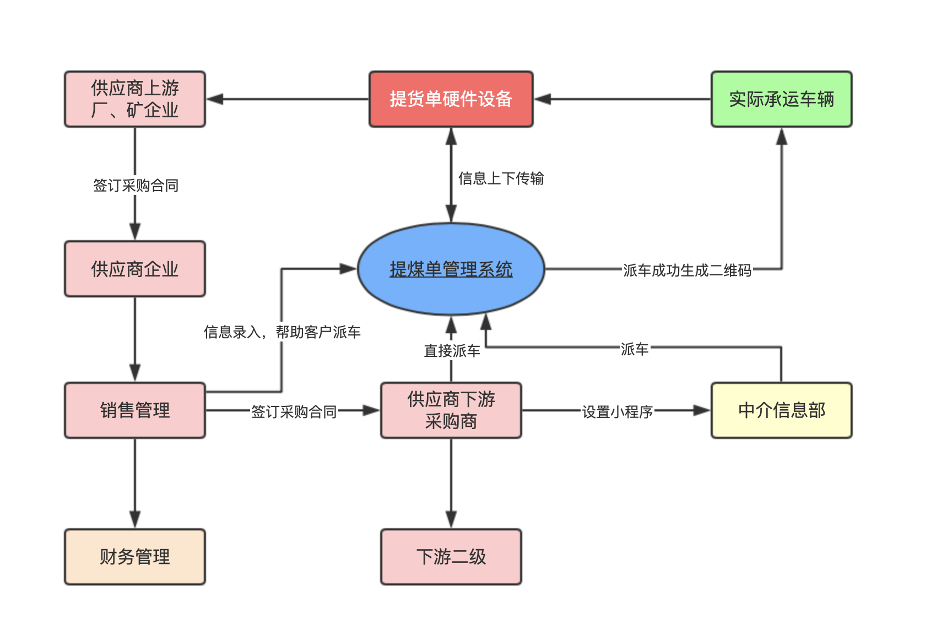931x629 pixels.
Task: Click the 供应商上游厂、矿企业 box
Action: tap(135, 99)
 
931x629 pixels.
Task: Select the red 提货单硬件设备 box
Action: tap(451, 99)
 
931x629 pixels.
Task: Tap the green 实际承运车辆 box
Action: tap(781, 99)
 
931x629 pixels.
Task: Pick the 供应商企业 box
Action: tap(135, 269)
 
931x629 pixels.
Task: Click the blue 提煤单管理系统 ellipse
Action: tap(451, 269)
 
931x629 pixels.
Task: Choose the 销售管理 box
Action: tap(135, 410)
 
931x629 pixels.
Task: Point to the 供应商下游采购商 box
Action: tap(451, 410)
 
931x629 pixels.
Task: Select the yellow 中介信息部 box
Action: tap(781, 410)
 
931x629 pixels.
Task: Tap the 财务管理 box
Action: tap(135, 557)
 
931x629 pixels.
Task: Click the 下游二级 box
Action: tap(451, 557)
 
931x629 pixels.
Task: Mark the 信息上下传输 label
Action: tap(501, 178)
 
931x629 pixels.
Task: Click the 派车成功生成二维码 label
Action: tap(687, 270)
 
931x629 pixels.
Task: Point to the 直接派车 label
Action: tap(452, 351)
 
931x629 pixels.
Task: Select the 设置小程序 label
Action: tap(617, 412)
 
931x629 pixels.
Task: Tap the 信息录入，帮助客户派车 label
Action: tap(282, 332)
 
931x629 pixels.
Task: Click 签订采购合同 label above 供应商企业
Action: tap(136, 186)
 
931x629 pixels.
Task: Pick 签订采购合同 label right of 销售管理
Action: tap(294, 412)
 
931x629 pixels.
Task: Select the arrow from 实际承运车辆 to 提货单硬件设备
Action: tap(623, 99)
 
